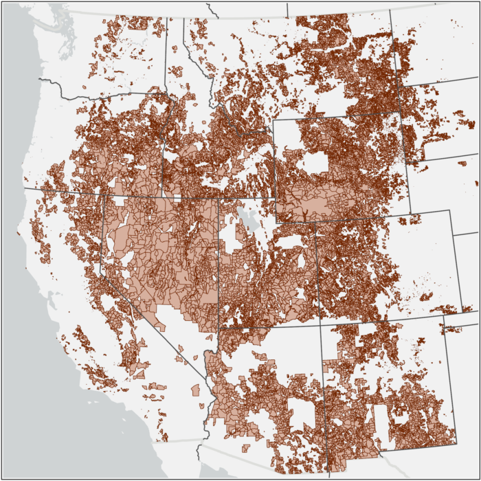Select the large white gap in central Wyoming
click(x=315, y=162)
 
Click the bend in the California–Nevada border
click(x=103, y=272)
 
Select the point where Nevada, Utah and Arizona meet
click(x=219, y=328)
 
